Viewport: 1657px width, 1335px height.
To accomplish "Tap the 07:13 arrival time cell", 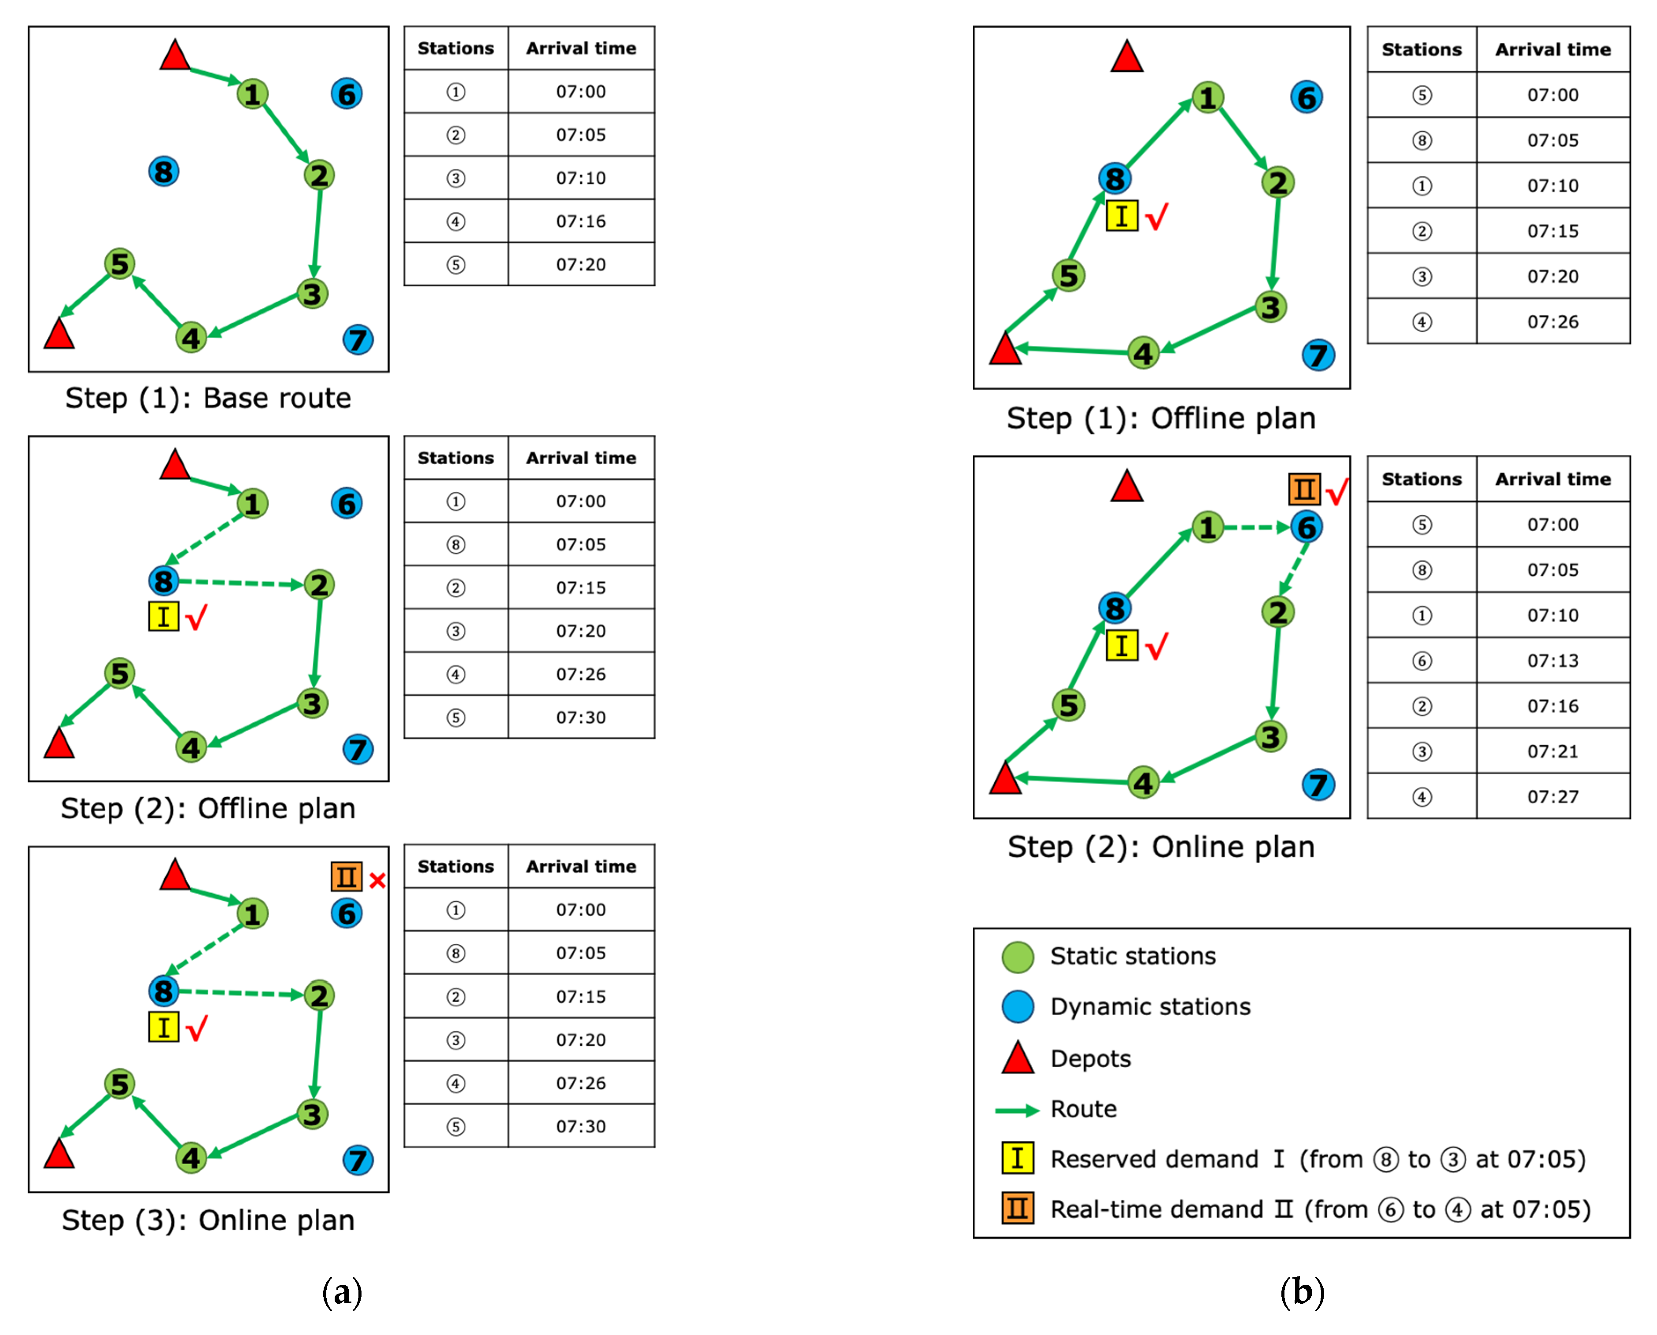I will pos(1553,661).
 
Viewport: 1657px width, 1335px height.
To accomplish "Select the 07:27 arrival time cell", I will pos(1553,797).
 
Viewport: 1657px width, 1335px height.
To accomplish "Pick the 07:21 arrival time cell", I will pos(1553,751).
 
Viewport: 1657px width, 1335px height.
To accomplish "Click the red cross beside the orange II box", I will pos(377,880).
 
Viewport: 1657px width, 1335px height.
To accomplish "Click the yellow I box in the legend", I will pos(1017,1158).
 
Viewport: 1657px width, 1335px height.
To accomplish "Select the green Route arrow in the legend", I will pos(1017,1109).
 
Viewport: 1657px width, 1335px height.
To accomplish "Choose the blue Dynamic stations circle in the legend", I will pos(1017,1006).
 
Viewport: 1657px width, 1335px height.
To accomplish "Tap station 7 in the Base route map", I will pos(358,340).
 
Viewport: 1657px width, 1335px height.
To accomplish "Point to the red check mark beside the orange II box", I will pos(1337,492).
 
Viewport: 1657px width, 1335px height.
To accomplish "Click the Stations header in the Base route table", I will pos(455,48).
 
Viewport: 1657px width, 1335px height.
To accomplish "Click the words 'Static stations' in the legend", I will pos(1133,956).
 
